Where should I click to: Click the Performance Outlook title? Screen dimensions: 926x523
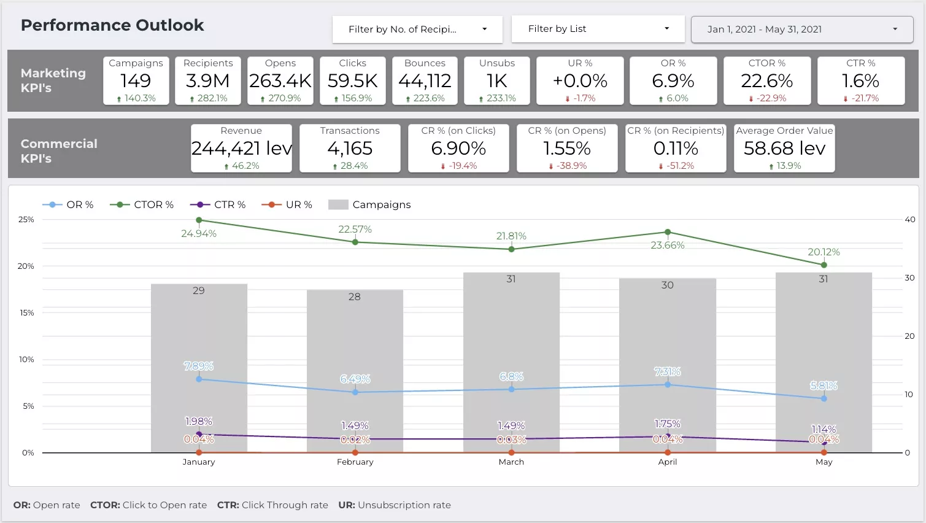click(112, 25)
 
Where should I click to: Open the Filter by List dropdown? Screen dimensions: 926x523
click(598, 29)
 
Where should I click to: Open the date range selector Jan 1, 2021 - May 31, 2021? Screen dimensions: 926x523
click(802, 29)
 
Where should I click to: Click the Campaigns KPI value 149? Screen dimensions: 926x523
click(136, 80)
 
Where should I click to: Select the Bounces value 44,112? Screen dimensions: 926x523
click(425, 80)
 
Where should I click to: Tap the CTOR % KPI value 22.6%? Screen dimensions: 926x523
click(767, 80)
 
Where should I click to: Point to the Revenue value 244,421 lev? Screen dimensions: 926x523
click(241, 148)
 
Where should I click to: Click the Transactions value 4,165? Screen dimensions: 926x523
click(350, 148)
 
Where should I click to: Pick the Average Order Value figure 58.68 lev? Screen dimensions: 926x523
click(784, 148)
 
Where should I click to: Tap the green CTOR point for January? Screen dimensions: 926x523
click(199, 220)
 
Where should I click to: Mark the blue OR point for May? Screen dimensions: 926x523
click(824, 398)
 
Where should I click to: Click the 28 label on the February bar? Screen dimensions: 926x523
click(354, 296)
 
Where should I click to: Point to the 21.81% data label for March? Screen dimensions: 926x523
click(511, 236)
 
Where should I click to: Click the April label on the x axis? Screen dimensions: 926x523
click(667, 462)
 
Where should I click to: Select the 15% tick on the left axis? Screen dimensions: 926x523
click(26, 313)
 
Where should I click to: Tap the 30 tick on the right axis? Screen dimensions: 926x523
click(909, 278)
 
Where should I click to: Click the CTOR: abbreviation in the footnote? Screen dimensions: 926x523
click(105, 505)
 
